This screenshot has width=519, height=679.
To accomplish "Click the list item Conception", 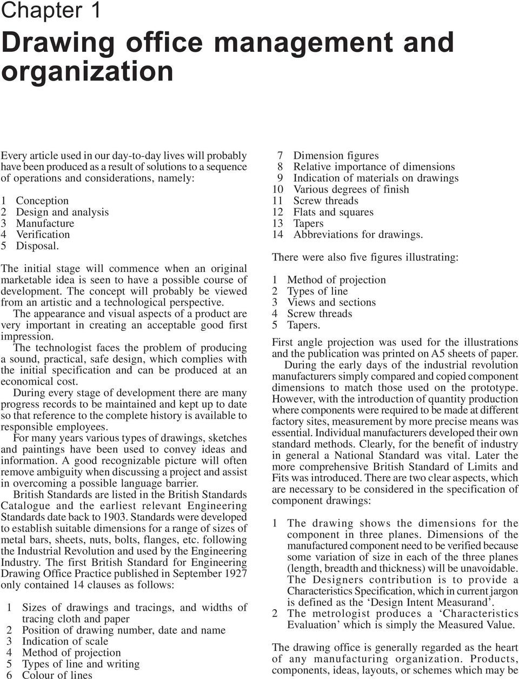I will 42,201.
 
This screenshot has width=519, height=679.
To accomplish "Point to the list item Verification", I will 43,235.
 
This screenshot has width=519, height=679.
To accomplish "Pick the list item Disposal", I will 37,246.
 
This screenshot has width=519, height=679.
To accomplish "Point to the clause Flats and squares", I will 333,212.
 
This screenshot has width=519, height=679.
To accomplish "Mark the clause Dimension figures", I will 336,156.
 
